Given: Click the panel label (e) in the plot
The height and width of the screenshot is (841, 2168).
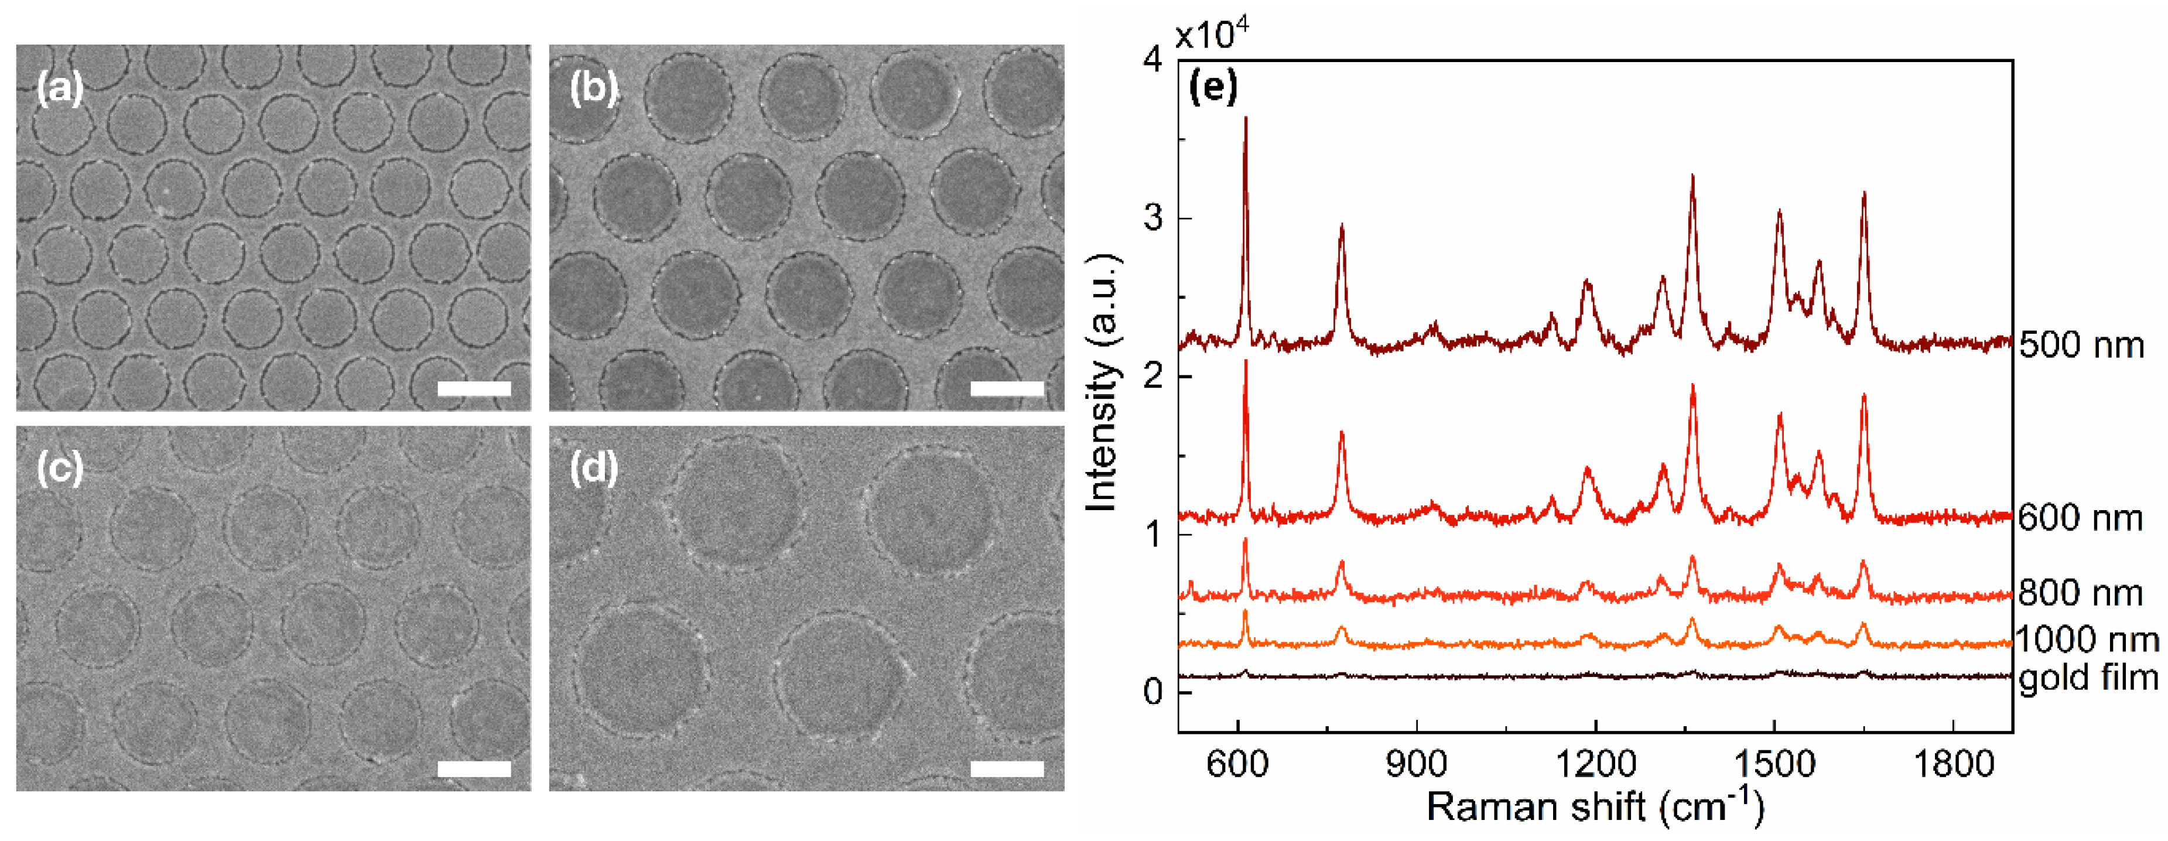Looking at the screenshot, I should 1212,87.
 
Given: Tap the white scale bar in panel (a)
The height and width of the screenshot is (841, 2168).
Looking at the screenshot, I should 474,388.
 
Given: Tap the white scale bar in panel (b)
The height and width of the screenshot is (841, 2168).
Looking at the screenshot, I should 1007,388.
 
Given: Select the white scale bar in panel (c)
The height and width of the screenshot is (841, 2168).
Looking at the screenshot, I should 474,768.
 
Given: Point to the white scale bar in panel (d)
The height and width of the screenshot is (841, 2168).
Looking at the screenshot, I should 1007,768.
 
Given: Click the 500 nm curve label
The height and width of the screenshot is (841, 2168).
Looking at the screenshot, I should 2081,345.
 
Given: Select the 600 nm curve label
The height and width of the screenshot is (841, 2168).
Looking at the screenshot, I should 2081,518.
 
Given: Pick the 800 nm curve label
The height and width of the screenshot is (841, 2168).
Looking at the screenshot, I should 2081,593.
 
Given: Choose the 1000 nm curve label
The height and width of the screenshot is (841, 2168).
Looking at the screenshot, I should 2087,640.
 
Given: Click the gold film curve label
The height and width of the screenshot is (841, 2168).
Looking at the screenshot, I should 2089,678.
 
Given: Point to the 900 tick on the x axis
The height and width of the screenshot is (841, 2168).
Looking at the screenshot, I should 1417,764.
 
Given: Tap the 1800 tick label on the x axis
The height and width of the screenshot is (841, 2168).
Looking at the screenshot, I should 1952,764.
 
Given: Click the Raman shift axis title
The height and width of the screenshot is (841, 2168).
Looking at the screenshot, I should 1594,806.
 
